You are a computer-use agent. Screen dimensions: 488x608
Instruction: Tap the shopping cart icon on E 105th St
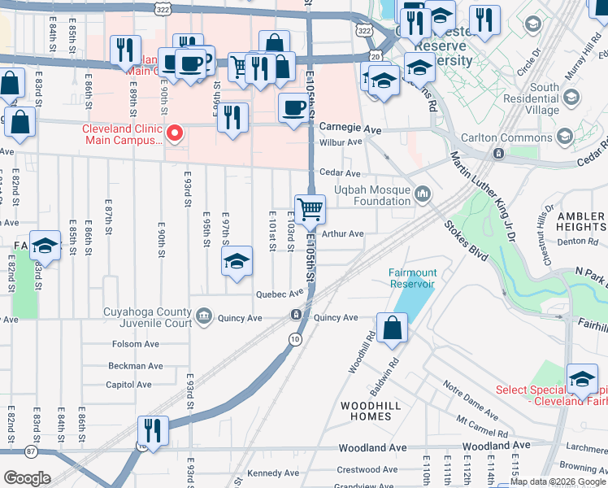click(x=310, y=210)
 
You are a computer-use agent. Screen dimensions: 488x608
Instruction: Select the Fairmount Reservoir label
click(x=412, y=278)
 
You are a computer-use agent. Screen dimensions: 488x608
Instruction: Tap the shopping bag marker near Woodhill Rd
click(x=392, y=329)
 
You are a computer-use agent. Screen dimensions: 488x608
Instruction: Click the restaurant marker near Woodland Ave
click(x=152, y=429)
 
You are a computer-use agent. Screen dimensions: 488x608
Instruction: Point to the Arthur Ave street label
click(x=342, y=233)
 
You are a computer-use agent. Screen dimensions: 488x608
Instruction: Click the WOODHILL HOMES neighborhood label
click(x=366, y=411)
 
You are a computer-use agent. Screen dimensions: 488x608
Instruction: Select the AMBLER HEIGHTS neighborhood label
click(x=581, y=222)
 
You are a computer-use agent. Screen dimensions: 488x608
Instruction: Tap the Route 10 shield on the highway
click(x=293, y=338)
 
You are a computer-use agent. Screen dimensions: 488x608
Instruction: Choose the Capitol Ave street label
click(x=128, y=385)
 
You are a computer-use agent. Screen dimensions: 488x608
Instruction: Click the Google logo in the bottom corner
click(x=26, y=477)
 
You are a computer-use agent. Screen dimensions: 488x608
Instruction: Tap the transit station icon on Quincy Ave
click(x=298, y=315)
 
